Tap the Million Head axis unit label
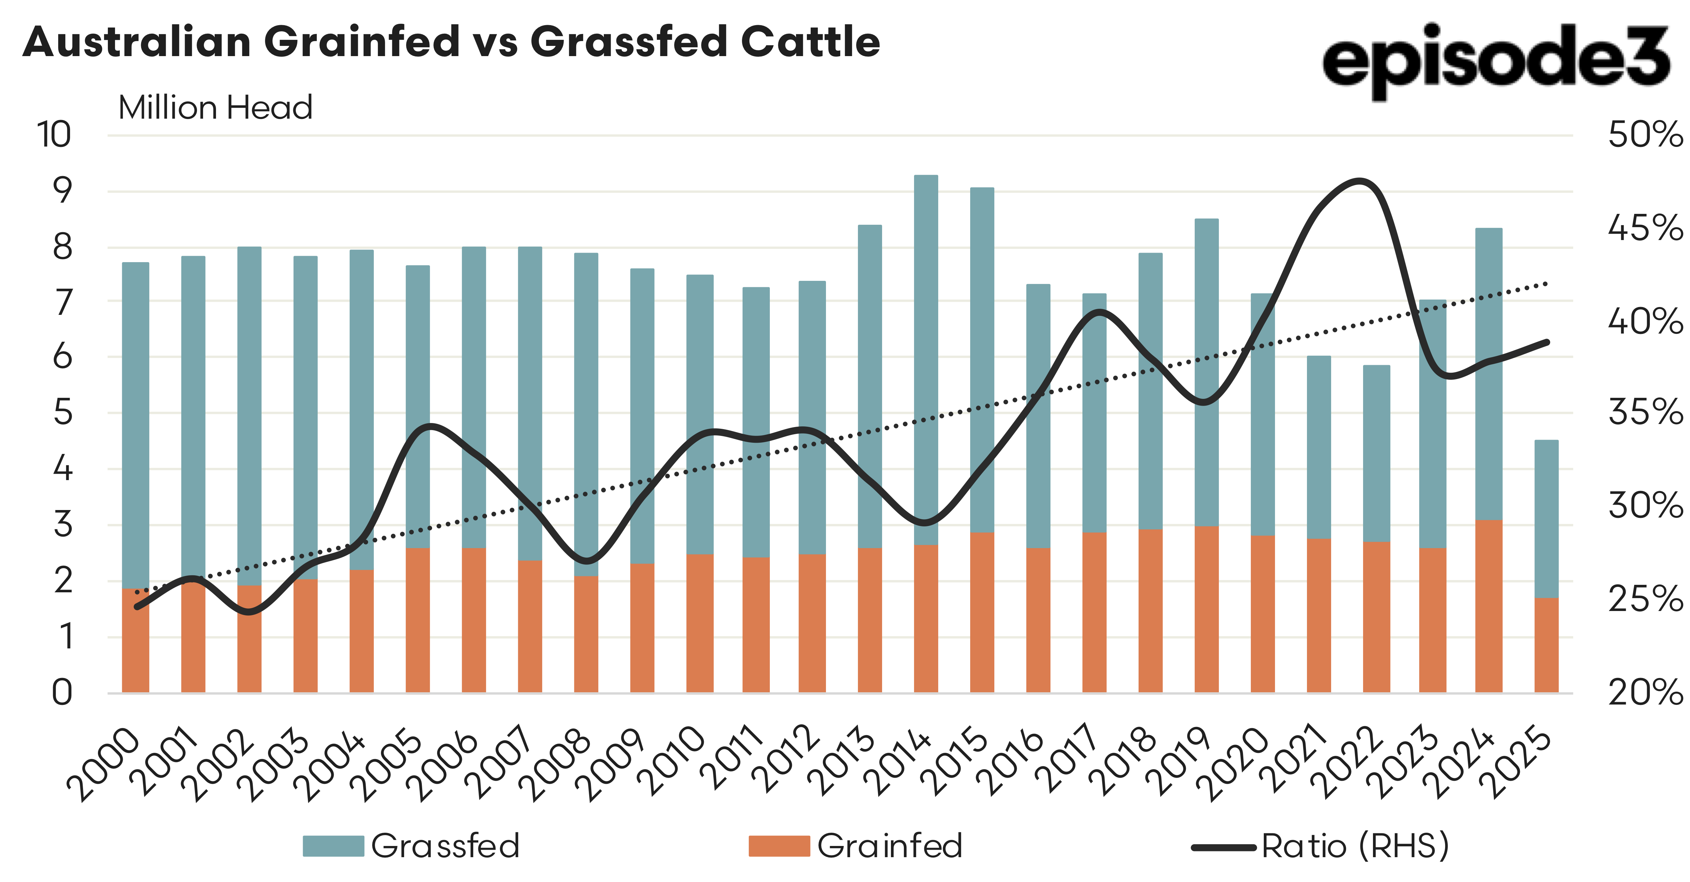215,107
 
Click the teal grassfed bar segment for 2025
1546,518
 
